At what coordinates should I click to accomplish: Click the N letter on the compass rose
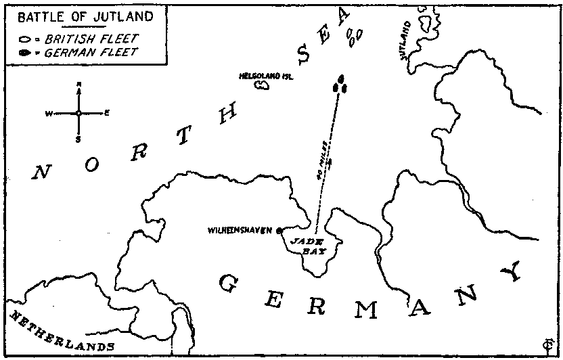(x=79, y=84)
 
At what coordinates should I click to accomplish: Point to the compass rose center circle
(x=79, y=113)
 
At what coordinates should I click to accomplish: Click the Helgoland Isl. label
(x=265, y=76)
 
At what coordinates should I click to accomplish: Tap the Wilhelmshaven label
(x=242, y=230)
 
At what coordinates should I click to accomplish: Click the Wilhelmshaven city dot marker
(x=279, y=230)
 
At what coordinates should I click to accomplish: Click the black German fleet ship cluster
(x=341, y=85)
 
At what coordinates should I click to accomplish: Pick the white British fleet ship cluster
(x=353, y=35)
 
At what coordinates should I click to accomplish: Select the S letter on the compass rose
(x=79, y=140)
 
